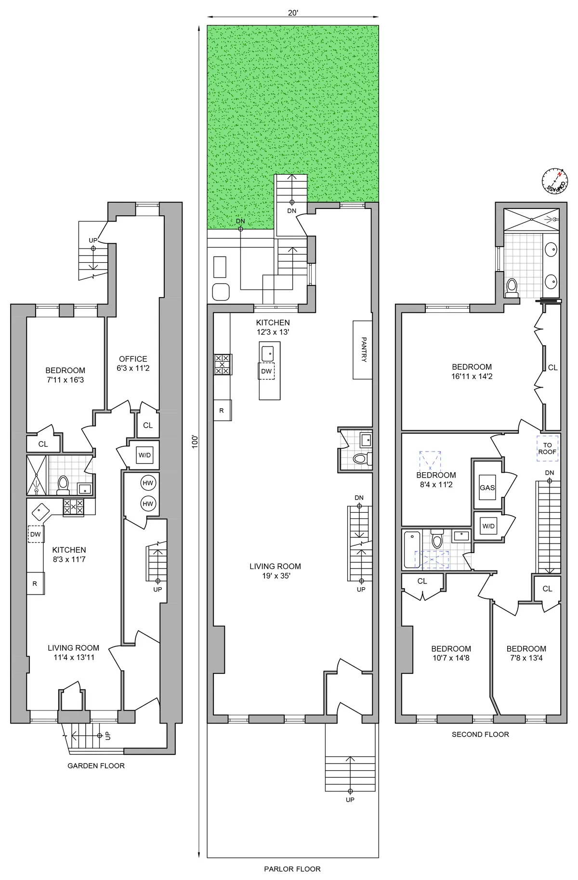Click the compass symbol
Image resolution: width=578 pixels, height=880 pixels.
555,182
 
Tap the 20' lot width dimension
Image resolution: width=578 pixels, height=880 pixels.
293,13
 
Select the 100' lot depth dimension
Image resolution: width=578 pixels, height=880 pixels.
195,441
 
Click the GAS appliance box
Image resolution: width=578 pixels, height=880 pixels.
487,488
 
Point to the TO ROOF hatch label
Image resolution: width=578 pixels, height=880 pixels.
547,448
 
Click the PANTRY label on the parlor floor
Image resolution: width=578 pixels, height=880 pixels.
364,349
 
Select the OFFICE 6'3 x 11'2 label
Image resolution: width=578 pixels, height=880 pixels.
133,363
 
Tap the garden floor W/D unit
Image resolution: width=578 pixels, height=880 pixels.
144,455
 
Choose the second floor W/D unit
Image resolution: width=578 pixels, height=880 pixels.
488,526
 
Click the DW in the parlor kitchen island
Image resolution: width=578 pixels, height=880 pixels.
266,371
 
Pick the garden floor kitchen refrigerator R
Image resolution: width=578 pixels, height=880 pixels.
35,583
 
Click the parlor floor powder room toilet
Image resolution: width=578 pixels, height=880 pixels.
360,459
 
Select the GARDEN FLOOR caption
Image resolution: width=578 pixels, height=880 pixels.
96,765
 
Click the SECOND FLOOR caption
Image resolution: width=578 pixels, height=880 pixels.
480,734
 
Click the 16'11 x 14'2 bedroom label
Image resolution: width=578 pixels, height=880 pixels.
472,372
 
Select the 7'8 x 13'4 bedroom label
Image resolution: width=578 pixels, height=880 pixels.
526,653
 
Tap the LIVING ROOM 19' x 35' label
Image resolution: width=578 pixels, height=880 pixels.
275,571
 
